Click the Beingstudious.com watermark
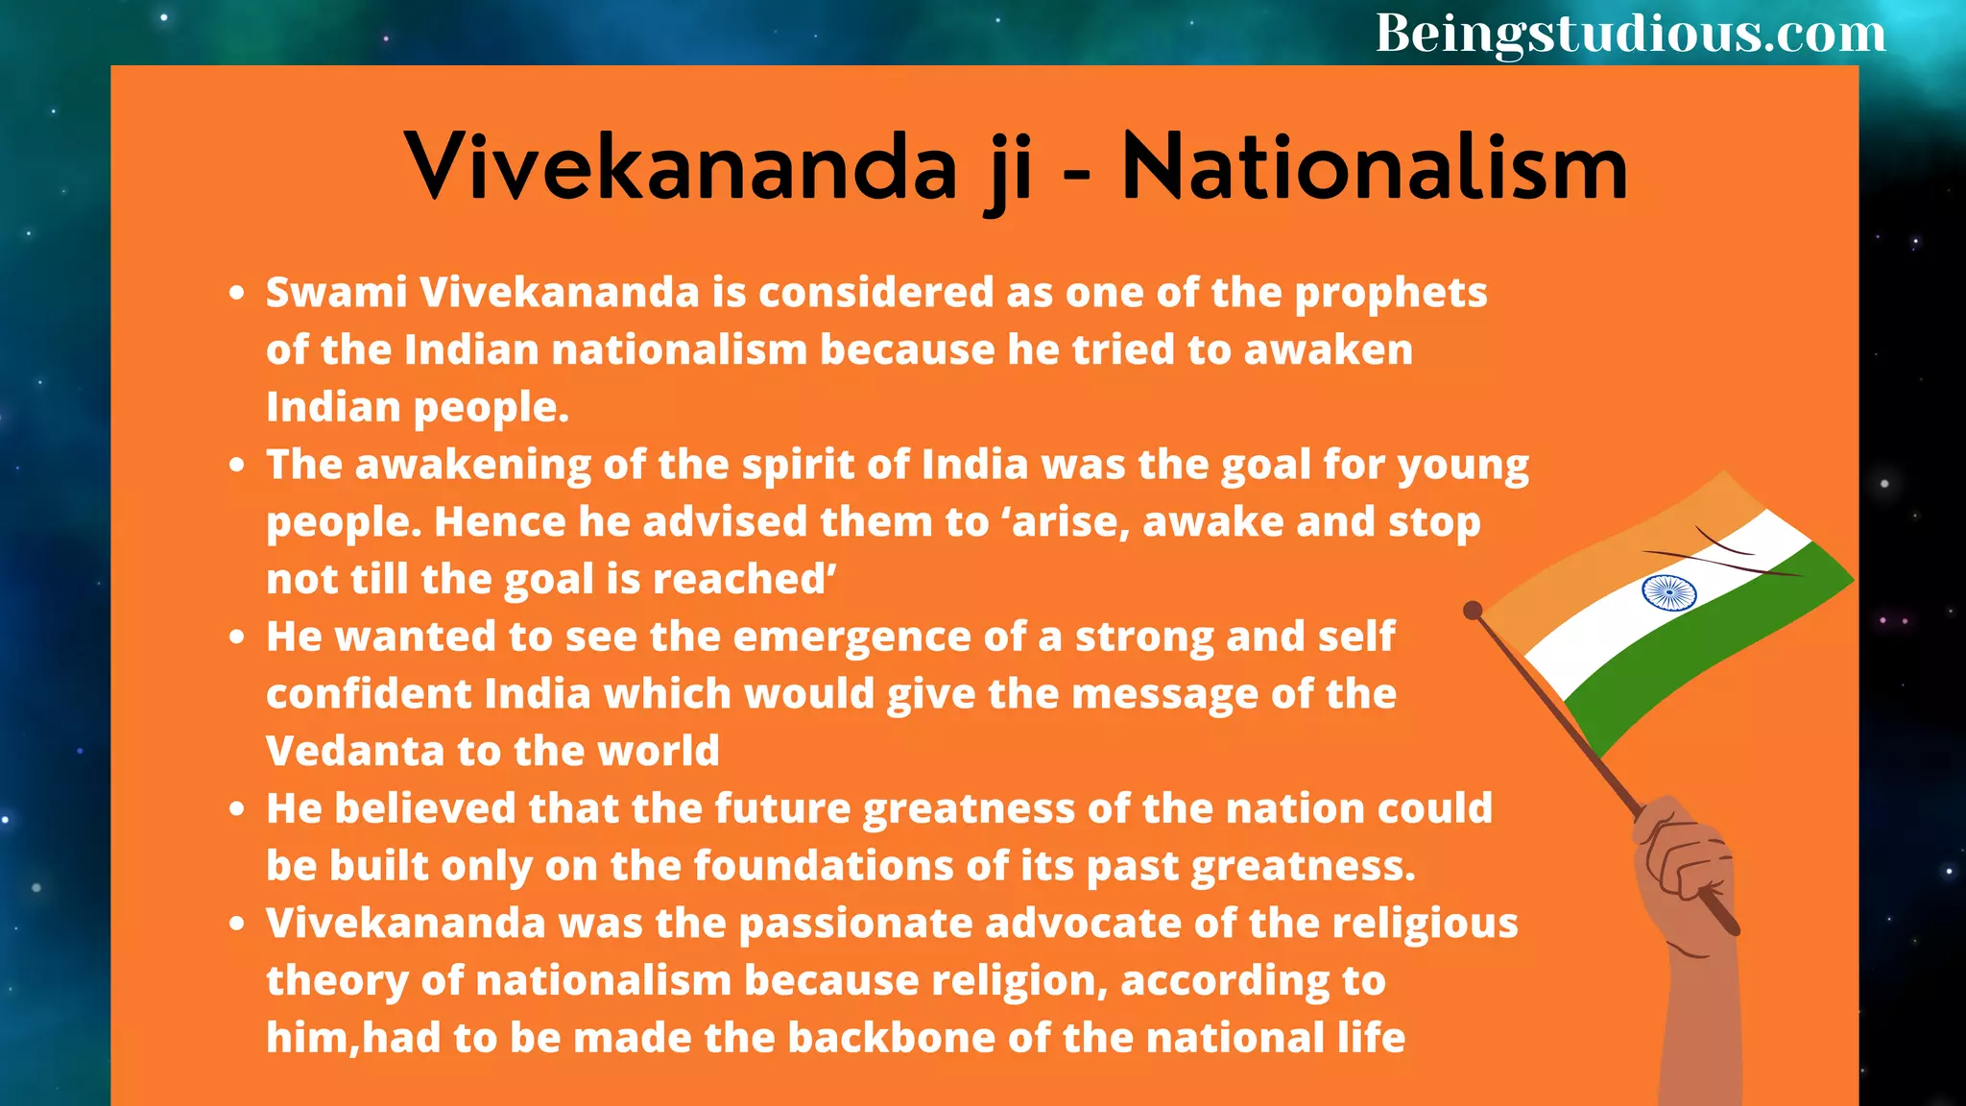(1630, 34)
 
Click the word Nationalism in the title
(1374, 168)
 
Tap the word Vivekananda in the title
(681, 168)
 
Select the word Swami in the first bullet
(336, 293)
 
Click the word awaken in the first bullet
(1329, 350)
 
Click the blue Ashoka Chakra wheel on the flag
(1668, 592)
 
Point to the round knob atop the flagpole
(1473, 610)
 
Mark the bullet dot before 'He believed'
(238, 809)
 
